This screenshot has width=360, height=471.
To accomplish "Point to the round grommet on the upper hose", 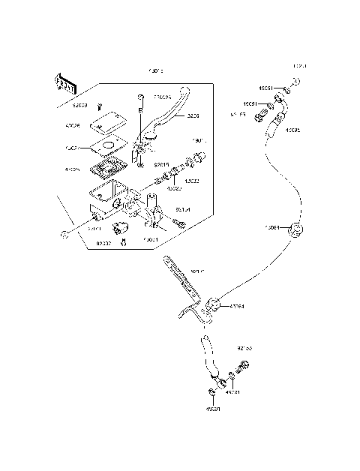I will click(x=295, y=230).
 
